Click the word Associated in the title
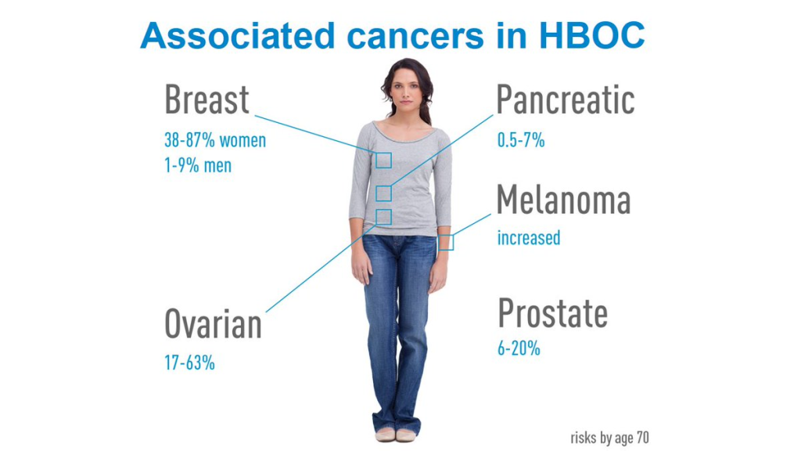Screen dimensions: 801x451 pyautogui.click(x=238, y=36)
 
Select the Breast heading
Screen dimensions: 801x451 pyautogui.click(x=207, y=99)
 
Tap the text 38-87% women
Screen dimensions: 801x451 pyautogui.click(x=215, y=140)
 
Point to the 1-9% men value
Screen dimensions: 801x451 pyautogui.click(x=198, y=166)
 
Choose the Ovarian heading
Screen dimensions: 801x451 pyautogui.click(x=213, y=324)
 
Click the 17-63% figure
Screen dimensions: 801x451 pyautogui.click(x=189, y=363)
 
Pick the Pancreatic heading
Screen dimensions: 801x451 pyautogui.click(x=566, y=99)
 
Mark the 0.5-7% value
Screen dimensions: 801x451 pyautogui.click(x=521, y=140)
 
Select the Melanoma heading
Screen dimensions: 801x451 pyautogui.click(x=564, y=200)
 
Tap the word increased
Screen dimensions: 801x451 pyautogui.click(x=529, y=238)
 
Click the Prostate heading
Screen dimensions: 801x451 pyautogui.click(x=553, y=313)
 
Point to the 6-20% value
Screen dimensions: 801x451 pyautogui.click(x=519, y=348)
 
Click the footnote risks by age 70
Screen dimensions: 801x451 pyautogui.click(x=610, y=438)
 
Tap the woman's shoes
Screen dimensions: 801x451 pyautogui.click(x=396, y=435)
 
